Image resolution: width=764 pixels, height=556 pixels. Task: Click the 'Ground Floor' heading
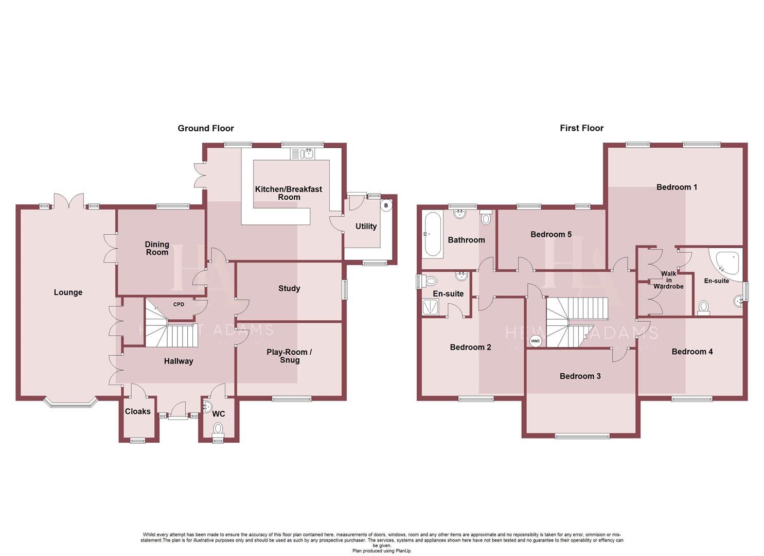206,128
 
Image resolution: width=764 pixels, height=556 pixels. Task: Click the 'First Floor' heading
581,128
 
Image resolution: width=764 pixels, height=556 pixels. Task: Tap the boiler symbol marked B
386,205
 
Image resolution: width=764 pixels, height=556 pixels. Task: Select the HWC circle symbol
535,341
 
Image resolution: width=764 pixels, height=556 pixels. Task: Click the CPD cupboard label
179,304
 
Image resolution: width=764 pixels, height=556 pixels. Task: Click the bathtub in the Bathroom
432,234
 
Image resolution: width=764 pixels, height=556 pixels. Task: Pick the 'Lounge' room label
68,292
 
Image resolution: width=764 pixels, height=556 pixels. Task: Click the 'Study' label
289,288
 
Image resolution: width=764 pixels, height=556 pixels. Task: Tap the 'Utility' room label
366,227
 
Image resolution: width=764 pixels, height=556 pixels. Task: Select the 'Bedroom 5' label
551,235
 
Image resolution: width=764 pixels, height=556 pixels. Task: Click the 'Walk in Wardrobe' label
668,280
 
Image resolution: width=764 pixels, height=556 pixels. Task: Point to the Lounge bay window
70,402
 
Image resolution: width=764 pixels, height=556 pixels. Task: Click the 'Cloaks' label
138,411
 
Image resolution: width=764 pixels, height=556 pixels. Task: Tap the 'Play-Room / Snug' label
289,356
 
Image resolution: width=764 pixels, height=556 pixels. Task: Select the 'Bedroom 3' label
580,376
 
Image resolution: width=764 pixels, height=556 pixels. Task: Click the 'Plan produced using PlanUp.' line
382,551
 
